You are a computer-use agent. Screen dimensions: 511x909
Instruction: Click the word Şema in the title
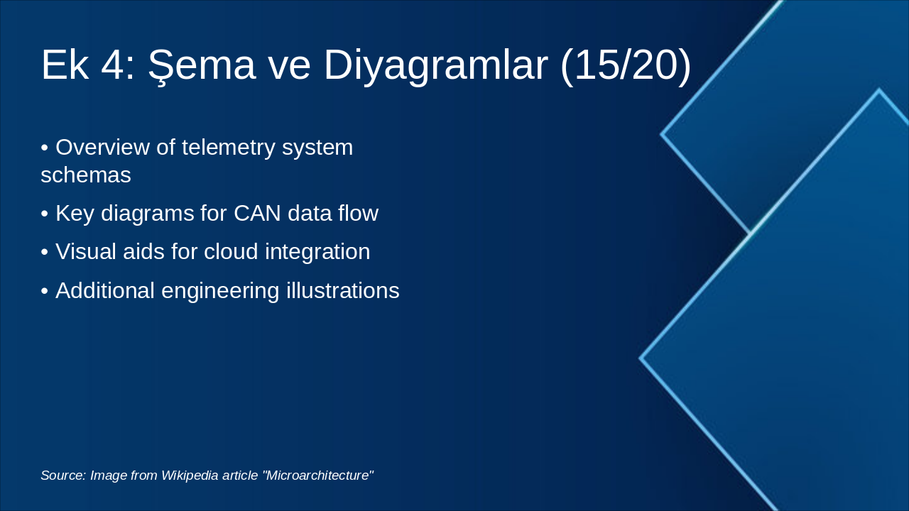pos(201,65)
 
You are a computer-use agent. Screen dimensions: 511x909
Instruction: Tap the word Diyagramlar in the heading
pos(435,65)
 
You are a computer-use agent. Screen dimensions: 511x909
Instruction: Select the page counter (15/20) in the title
pos(626,65)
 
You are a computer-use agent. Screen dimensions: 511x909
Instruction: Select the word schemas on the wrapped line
pos(86,175)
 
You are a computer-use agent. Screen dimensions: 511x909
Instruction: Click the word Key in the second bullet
pos(75,214)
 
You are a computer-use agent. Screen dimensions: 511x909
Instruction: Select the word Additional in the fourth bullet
pos(105,290)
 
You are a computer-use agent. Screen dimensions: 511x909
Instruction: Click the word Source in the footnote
pos(63,476)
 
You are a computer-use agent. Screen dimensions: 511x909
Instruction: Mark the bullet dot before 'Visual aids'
pos(45,253)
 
